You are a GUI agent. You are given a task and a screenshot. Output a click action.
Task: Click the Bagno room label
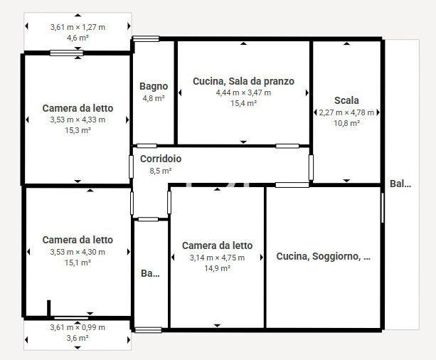coord(154,87)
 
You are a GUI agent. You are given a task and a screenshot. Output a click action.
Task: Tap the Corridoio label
coord(161,159)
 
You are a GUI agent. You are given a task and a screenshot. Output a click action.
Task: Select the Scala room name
coord(346,100)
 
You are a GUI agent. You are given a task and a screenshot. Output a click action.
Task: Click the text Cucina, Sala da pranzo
coord(243,81)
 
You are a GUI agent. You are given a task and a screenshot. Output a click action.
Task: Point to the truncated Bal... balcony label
coord(400,184)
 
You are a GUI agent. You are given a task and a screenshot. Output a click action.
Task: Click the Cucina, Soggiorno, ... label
coord(323,256)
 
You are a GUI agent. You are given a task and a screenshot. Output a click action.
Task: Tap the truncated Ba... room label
coord(150,273)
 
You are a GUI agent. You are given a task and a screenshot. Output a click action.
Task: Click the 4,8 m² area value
coord(154,98)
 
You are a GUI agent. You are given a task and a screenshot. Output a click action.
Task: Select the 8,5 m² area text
coord(161,171)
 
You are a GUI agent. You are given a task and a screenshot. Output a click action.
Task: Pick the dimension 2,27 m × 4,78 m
coord(346,112)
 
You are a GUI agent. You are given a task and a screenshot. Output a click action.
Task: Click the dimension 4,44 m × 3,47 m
coord(243,92)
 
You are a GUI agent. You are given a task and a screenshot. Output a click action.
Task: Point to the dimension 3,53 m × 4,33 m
coord(78,120)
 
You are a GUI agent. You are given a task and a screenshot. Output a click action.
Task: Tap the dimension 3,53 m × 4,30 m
coord(78,252)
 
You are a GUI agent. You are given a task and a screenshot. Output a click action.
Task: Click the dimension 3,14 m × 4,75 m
coord(217,258)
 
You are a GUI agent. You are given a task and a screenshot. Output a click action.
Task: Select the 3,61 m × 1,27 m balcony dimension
coord(78,27)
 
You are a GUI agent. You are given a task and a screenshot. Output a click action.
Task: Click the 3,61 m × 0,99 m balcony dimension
coord(78,327)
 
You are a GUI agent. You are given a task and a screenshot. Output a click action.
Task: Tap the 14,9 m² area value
coord(217,268)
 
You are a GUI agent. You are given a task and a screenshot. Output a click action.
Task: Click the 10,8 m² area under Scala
coord(346,123)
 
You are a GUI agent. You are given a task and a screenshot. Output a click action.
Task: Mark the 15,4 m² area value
coord(243,103)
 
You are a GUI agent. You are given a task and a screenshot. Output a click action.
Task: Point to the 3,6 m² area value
coord(78,338)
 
